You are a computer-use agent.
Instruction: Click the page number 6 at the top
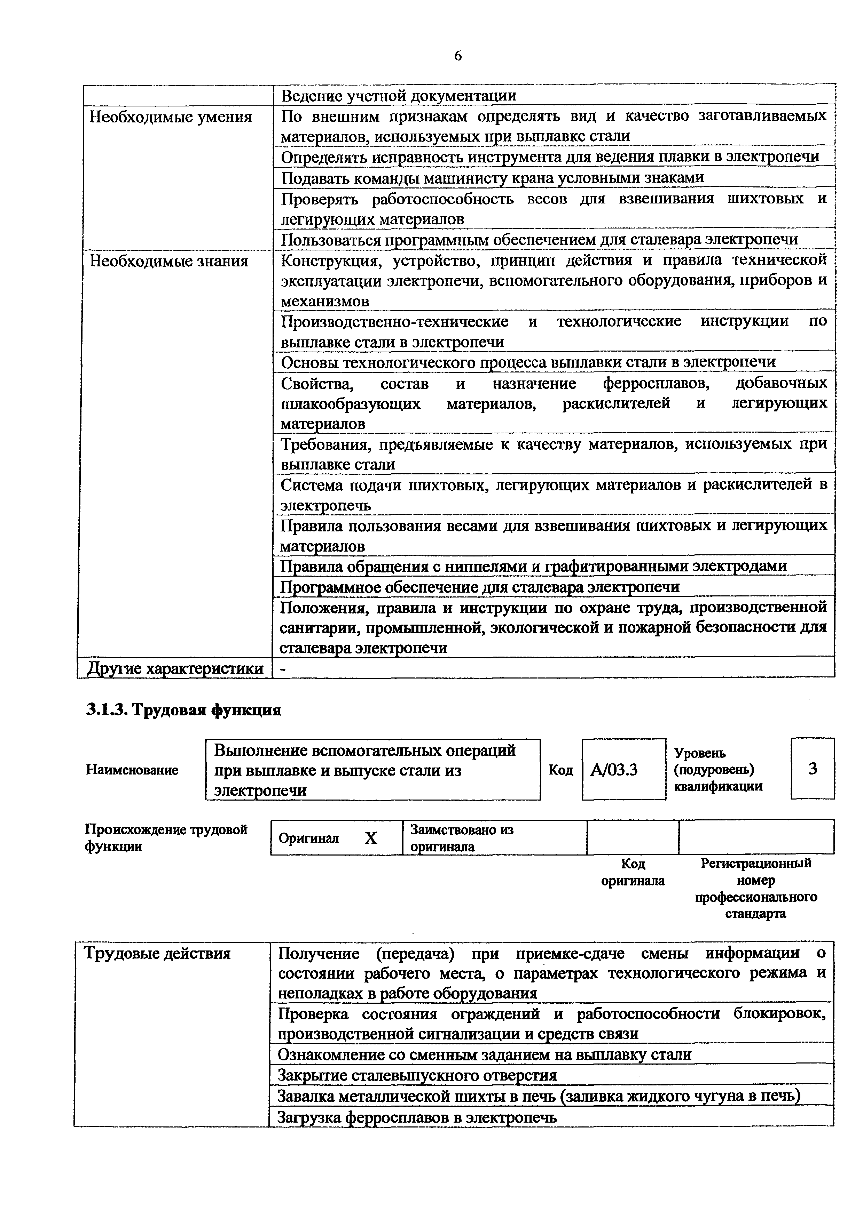click(x=458, y=56)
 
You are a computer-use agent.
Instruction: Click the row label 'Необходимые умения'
click(x=171, y=117)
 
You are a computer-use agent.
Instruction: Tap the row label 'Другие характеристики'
click(x=175, y=668)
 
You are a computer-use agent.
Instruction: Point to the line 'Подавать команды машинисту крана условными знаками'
click(x=492, y=177)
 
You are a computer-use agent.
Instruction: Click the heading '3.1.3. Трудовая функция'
click(x=183, y=710)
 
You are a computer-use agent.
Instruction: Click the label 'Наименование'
click(x=132, y=770)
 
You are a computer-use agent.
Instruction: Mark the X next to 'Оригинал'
click(x=371, y=838)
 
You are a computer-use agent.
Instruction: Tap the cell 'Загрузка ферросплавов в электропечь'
click(x=417, y=1117)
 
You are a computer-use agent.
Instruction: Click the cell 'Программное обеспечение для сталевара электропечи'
click(x=480, y=587)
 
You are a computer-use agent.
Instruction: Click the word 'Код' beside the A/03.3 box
click(x=560, y=770)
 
